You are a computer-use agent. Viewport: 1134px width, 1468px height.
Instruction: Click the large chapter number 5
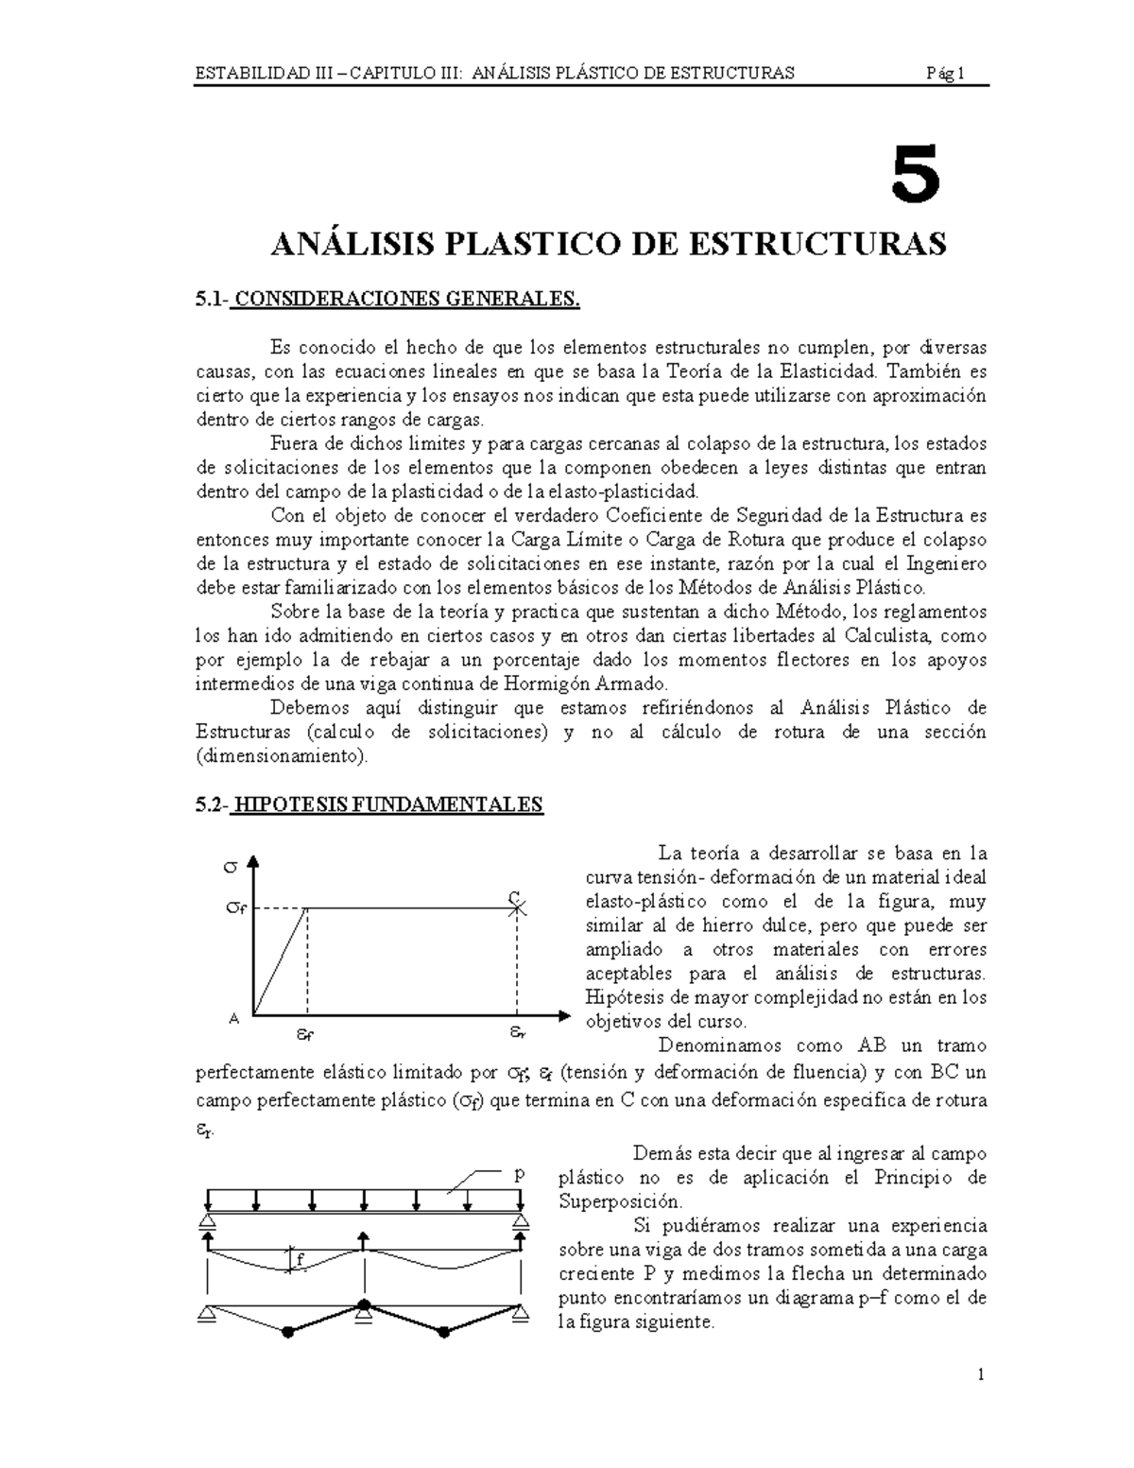(x=916, y=176)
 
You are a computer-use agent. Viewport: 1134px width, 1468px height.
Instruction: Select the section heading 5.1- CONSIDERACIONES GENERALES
(x=387, y=300)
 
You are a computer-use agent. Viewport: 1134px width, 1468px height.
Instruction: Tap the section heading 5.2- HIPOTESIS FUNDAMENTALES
(x=369, y=804)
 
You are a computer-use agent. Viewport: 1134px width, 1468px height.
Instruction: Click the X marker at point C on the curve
(x=516, y=908)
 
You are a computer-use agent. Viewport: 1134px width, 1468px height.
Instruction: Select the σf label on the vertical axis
(x=235, y=908)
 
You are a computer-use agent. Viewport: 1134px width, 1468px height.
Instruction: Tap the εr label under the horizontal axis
(x=517, y=1032)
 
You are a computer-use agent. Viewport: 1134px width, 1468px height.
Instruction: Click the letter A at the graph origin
(x=234, y=1019)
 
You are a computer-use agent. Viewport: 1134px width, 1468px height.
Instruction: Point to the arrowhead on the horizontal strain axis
(x=564, y=1016)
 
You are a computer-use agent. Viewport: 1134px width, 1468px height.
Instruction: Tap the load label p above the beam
(x=517, y=1175)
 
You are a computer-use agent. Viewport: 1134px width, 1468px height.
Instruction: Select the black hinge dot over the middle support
(x=364, y=1305)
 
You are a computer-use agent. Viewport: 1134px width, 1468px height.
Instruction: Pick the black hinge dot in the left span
(x=286, y=1332)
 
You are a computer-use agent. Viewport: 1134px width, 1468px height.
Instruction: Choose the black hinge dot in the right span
(x=441, y=1332)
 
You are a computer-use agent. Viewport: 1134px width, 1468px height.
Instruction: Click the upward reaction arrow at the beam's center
(x=364, y=1241)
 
